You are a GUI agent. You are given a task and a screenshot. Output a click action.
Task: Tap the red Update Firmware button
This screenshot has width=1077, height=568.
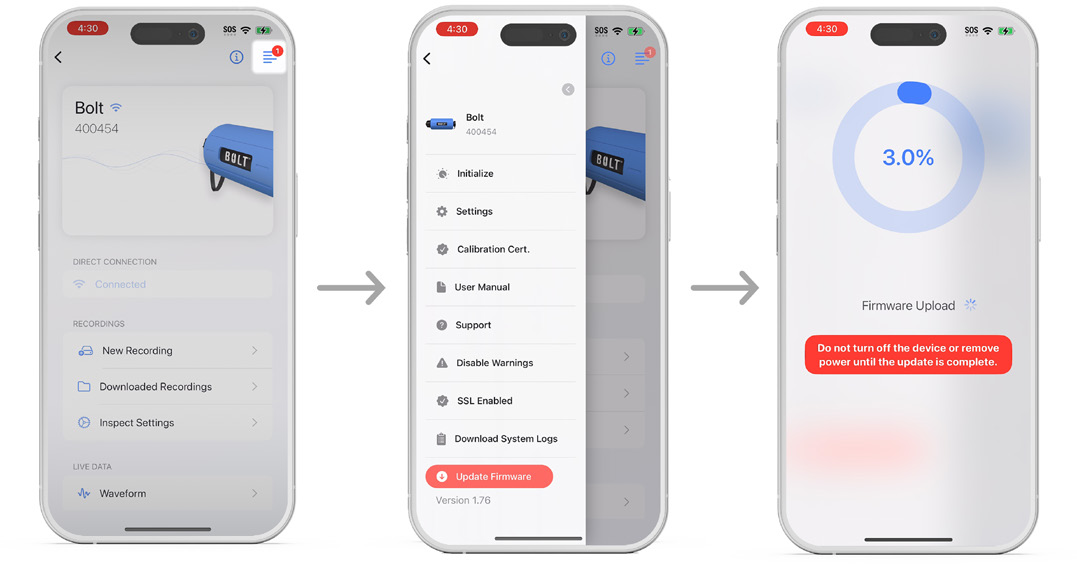pos(489,477)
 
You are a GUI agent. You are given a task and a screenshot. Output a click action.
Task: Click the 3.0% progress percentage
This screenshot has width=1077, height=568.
pos(908,158)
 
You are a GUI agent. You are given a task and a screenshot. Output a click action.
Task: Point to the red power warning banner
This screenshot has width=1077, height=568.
pos(908,355)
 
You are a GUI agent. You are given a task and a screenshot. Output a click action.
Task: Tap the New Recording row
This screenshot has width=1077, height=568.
pos(168,350)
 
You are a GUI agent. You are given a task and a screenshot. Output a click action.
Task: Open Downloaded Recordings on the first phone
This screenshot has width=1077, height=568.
pos(168,387)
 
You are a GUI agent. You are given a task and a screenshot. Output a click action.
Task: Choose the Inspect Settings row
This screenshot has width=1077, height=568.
pos(168,422)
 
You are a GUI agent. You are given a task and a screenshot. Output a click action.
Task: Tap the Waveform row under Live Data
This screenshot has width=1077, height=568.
pos(168,493)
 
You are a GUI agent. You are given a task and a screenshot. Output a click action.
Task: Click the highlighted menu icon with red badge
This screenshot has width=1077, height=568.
pos(269,56)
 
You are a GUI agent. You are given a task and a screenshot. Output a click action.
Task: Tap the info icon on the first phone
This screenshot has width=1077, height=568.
pos(236,57)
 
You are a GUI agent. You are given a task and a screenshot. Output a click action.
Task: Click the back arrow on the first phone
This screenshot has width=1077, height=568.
pos(58,57)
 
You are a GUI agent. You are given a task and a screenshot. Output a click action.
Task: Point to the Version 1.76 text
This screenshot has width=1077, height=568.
pos(463,500)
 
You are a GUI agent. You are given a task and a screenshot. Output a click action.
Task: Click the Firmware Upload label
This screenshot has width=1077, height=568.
pos(908,306)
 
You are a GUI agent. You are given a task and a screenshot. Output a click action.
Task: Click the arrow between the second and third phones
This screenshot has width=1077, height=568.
pos(725,288)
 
